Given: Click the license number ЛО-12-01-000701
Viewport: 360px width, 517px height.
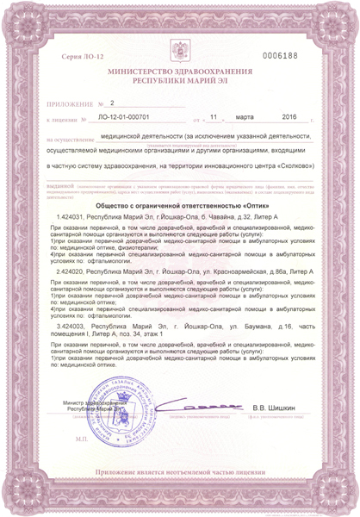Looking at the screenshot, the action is (x=126, y=116).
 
